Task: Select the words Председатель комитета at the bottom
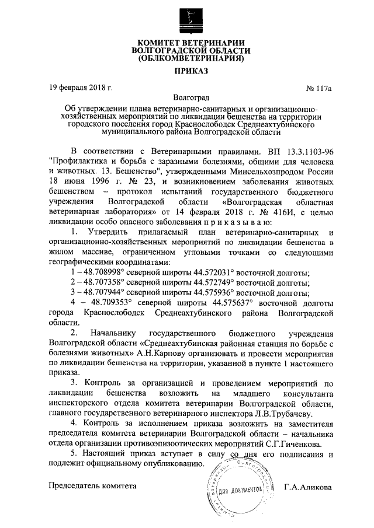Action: coord(92,486)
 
